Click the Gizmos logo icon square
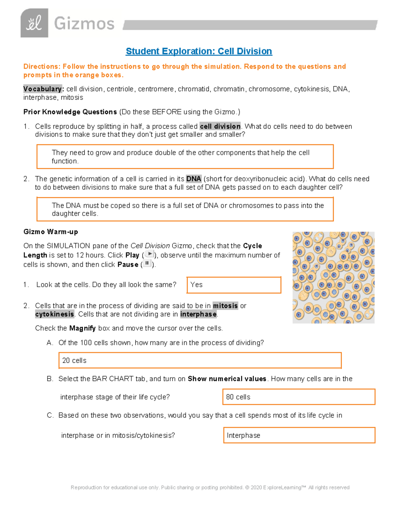pos(34,23)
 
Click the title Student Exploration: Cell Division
pos(199,51)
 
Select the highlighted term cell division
pos(220,126)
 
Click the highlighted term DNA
pos(194,179)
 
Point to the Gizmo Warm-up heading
pos(51,232)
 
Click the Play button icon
pos(150,254)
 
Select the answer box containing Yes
pos(234,285)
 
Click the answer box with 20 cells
pos(200,360)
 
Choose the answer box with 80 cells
pos(298,397)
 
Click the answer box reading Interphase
pos(299,435)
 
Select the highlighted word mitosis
pos(225,305)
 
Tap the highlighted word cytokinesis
pos(55,314)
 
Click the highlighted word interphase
pos(198,314)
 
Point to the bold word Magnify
pos(82,328)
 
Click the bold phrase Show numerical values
pos(227,379)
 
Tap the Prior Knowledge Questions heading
pos(70,112)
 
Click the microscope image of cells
pos(333,278)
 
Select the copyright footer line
pos(210,487)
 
